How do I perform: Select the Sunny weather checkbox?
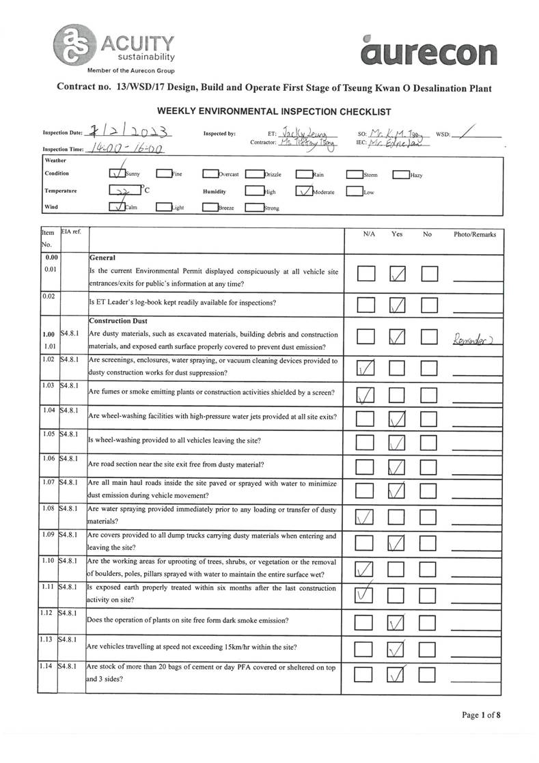[x=117, y=174]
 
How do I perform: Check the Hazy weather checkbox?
[x=400, y=174]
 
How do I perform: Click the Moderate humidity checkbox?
[x=304, y=192]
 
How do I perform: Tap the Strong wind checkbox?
[x=254, y=208]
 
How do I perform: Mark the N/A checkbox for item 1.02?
[x=366, y=369]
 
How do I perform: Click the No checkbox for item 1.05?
[x=428, y=444]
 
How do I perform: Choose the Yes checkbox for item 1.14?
[x=397, y=676]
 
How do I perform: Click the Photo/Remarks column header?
[x=475, y=234]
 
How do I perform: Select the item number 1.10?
[x=48, y=561]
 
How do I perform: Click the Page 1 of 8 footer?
[x=481, y=715]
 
